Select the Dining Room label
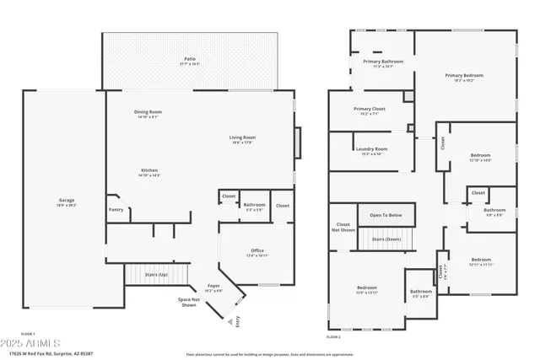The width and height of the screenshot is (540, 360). pyautogui.click(x=148, y=114)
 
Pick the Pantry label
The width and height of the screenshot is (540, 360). pyautogui.click(x=116, y=210)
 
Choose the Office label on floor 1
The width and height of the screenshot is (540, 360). pyautogui.click(x=257, y=252)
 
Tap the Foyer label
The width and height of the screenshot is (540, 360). pyautogui.click(x=214, y=287)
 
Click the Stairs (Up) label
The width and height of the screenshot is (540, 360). pyautogui.click(x=157, y=275)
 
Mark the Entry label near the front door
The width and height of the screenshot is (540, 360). pyautogui.click(x=238, y=320)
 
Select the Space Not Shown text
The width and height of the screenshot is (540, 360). pyautogui.click(x=189, y=302)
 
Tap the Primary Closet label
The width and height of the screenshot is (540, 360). pyautogui.click(x=369, y=110)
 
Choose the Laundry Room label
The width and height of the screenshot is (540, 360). pyautogui.click(x=371, y=151)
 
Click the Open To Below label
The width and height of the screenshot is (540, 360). pyautogui.click(x=386, y=215)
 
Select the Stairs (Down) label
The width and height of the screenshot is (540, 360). pyautogui.click(x=387, y=239)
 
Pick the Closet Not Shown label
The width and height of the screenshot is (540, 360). pyautogui.click(x=343, y=227)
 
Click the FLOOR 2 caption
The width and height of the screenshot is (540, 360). pyautogui.click(x=332, y=336)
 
